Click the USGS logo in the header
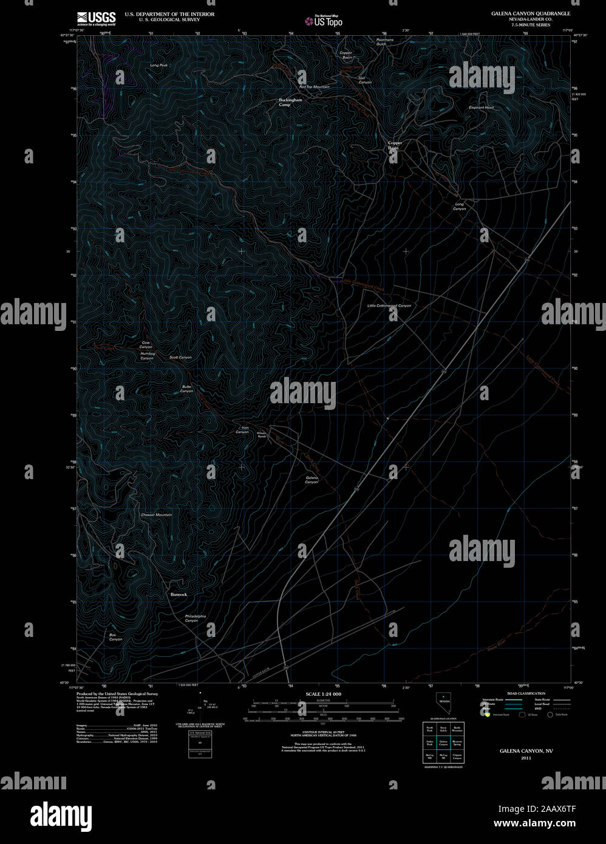[x=97, y=18]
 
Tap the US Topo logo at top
[x=324, y=21]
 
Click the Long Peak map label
[x=159, y=65]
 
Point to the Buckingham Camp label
[x=290, y=102]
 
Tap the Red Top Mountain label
[x=314, y=87]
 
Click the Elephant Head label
[x=481, y=107]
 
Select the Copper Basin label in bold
[x=395, y=145]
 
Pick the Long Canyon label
[x=459, y=206]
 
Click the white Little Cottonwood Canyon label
[x=389, y=305]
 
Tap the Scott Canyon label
[x=180, y=357]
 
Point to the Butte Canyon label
[x=186, y=389]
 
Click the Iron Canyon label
[x=242, y=430]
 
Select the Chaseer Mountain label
[x=157, y=515]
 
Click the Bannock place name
[x=179, y=594]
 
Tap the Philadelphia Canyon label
[x=196, y=618]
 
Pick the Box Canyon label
[x=115, y=637]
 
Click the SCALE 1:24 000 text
[x=323, y=693]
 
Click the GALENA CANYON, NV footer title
[x=522, y=751]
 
